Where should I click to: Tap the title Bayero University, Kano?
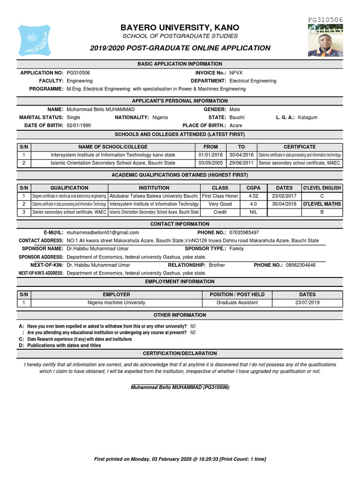(x=180, y=28)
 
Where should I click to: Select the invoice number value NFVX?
(x=236, y=73)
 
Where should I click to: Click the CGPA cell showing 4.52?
(x=253, y=196)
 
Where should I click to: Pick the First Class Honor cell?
(x=220, y=196)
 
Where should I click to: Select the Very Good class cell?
(x=220, y=204)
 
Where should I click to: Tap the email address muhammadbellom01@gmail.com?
(x=103, y=232)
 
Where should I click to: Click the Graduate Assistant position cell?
(x=237, y=303)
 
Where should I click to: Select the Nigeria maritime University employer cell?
(x=117, y=303)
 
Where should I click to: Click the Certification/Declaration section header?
(x=180, y=353)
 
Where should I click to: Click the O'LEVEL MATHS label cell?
(x=322, y=204)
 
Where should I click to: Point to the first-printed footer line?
(x=180, y=458)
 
